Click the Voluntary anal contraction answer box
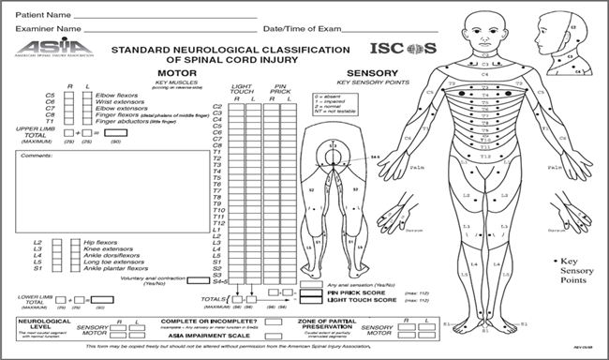click(x=197, y=279)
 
